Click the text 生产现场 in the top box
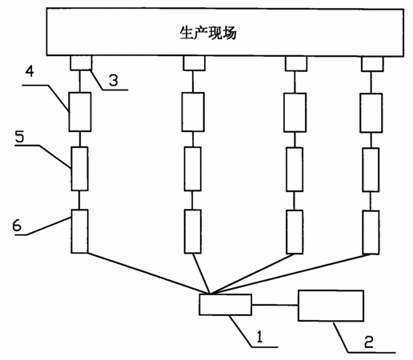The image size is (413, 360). pyautogui.click(x=208, y=33)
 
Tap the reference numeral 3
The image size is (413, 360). pyautogui.click(x=114, y=80)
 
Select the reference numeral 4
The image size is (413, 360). pyautogui.click(x=30, y=71)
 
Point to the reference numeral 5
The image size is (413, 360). pyautogui.click(x=19, y=136)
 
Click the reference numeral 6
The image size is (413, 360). pyautogui.click(x=17, y=226)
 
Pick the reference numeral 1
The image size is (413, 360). pyautogui.click(x=259, y=336)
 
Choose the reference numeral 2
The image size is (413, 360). pyautogui.click(x=369, y=342)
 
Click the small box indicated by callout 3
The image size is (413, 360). pyautogui.click(x=81, y=63)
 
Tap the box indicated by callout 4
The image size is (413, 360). pyautogui.click(x=80, y=112)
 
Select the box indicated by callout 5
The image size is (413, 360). pyautogui.click(x=79, y=169)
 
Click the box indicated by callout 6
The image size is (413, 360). pyautogui.click(x=79, y=231)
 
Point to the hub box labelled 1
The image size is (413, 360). pyautogui.click(x=226, y=305)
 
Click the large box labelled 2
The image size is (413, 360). pyautogui.click(x=331, y=306)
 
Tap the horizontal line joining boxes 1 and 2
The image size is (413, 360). pyautogui.click(x=275, y=305)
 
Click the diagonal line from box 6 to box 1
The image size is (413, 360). pyautogui.click(x=149, y=273)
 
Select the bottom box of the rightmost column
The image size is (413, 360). pyautogui.click(x=371, y=232)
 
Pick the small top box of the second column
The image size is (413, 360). pyautogui.click(x=194, y=63)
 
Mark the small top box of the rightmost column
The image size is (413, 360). pyautogui.click(x=372, y=64)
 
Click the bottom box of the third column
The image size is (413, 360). pyautogui.click(x=295, y=232)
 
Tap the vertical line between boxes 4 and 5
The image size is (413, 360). pyautogui.click(x=79, y=139)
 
